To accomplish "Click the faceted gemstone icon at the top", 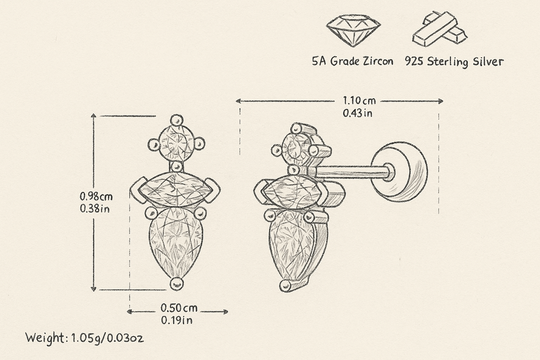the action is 354,30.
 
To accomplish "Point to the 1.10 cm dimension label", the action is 359,101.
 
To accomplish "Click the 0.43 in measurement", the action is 358,113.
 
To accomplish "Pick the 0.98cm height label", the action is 96,197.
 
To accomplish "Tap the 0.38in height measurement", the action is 95,209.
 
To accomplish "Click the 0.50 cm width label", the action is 179,308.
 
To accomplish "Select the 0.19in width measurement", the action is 177,320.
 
